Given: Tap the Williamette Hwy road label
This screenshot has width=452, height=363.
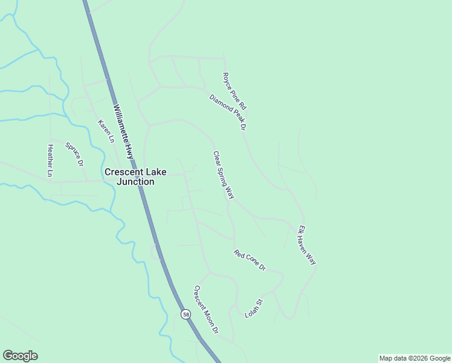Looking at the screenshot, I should coord(131,131).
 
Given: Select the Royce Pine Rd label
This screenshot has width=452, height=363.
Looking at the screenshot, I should coord(234,91).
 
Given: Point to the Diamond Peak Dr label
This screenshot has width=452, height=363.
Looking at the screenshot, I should coord(229,113).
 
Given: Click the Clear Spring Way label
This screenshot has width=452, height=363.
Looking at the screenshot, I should coord(224,175).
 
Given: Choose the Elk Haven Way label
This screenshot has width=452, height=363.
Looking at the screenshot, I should coord(307,245).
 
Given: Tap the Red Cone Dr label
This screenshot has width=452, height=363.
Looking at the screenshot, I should coord(250,260).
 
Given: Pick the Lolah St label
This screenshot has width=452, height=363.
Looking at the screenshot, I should coord(254,309).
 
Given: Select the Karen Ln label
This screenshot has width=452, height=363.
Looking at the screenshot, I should coord(106,131).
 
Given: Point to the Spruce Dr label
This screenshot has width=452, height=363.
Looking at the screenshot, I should coord(74,154).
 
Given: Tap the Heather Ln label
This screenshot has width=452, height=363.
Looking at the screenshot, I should coord(51,160).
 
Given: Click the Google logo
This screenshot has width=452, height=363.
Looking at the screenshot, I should coord(20,356).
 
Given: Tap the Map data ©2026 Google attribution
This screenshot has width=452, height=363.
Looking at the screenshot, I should coord(415,358).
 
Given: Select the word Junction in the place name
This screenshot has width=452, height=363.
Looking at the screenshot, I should coord(135,181).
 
